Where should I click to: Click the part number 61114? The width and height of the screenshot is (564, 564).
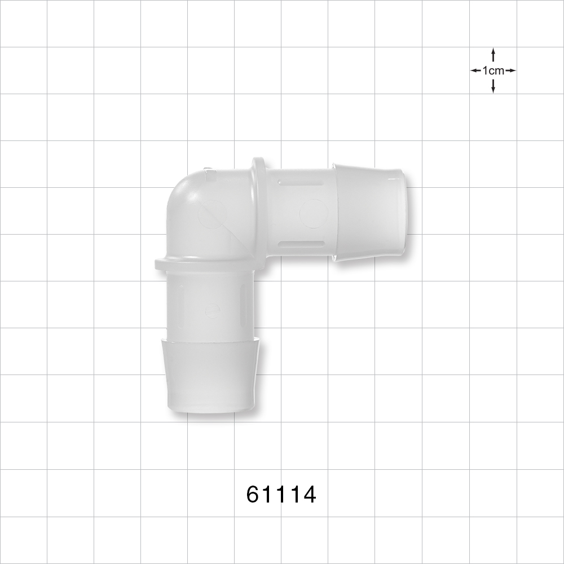(281, 495)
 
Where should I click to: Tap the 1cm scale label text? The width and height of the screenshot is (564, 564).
(493, 71)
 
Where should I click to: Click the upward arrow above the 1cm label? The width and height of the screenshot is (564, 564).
(493, 54)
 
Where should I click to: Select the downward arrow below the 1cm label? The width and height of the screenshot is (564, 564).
(493, 87)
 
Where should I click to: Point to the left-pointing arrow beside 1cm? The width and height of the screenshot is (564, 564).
(475, 71)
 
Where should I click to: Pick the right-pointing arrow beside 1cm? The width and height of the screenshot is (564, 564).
(510, 71)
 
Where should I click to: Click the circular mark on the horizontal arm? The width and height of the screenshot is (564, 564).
(313, 214)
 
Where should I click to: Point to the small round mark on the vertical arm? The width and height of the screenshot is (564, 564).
(211, 310)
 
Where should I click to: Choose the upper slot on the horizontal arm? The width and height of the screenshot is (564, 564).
(302, 182)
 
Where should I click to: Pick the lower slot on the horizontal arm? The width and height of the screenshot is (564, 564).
(302, 244)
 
